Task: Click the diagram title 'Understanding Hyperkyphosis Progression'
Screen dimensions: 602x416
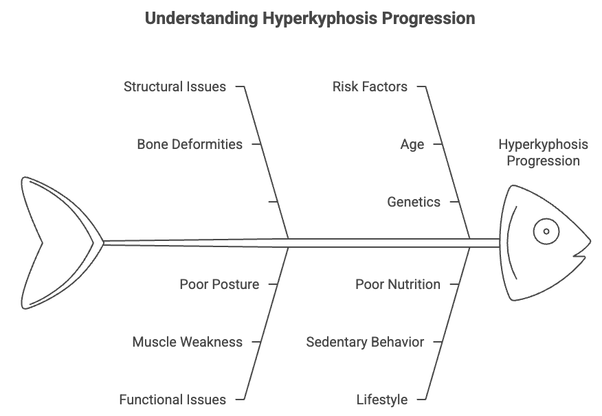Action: point(310,19)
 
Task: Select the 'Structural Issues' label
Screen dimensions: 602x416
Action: point(175,86)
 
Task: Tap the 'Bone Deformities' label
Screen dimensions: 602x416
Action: point(190,144)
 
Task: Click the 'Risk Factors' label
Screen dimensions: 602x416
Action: point(370,86)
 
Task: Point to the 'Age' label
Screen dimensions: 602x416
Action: point(412,145)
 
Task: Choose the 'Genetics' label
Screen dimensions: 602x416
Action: point(414,202)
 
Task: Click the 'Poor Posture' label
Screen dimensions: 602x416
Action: point(219,284)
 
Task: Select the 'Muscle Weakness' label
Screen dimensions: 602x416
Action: point(188,342)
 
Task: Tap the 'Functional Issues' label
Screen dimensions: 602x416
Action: point(172,400)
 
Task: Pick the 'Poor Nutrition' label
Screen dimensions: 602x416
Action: point(398,284)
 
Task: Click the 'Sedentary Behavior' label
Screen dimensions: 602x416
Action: point(365,342)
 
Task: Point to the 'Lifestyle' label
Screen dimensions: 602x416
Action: point(382,400)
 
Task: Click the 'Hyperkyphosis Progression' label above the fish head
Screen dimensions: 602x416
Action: point(544,152)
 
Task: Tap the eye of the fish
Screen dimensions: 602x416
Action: point(546,231)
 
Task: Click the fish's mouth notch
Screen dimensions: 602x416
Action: point(578,254)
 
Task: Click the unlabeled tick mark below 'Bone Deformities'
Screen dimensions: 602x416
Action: point(273,201)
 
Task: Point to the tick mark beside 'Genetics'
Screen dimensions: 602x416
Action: point(454,201)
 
